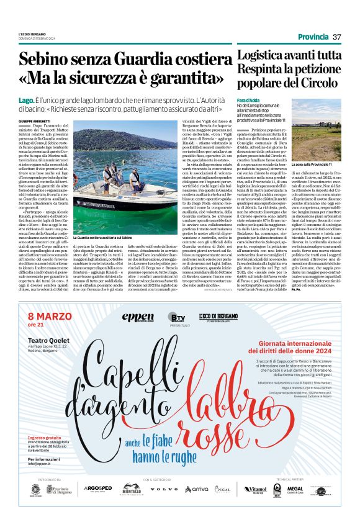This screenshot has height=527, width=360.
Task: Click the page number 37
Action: click(337, 36)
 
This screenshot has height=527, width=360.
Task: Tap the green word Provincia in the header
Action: click(314, 36)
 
